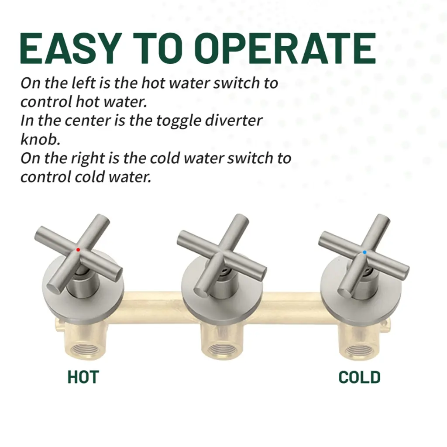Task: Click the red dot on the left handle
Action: pyautogui.click(x=78, y=250)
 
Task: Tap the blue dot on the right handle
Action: pyautogui.click(x=364, y=252)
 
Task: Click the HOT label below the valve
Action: pyautogui.click(x=83, y=377)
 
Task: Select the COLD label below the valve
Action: pyautogui.click(x=359, y=377)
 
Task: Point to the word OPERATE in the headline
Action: pyautogui.click(x=285, y=48)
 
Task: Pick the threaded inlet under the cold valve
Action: pyautogui.click(x=358, y=350)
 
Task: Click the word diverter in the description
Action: pyautogui.click(x=234, y=120)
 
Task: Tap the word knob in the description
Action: pyautogui.click(x=40, y=139)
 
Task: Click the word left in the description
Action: pyautogui.click(x=83, y=83)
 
